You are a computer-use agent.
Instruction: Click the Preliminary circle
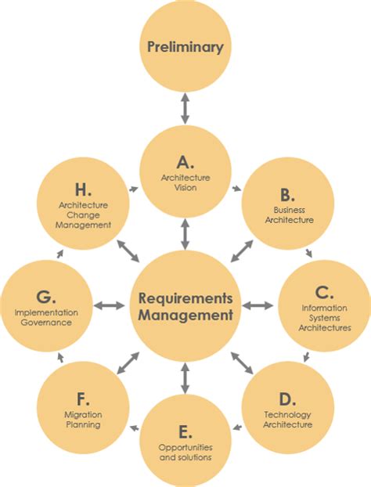185,47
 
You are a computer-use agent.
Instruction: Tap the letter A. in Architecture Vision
185,162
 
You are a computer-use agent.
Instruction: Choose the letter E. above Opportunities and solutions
185,431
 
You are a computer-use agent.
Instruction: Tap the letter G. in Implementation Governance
46,298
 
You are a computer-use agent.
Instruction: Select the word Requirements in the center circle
185,298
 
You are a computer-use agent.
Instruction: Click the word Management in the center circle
185,316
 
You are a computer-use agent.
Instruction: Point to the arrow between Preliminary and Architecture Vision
185,108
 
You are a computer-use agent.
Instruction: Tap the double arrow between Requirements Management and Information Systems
261,305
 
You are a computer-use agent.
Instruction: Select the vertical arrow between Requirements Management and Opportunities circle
185,377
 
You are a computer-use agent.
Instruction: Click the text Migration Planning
83,420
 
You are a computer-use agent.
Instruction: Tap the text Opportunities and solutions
185,452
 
